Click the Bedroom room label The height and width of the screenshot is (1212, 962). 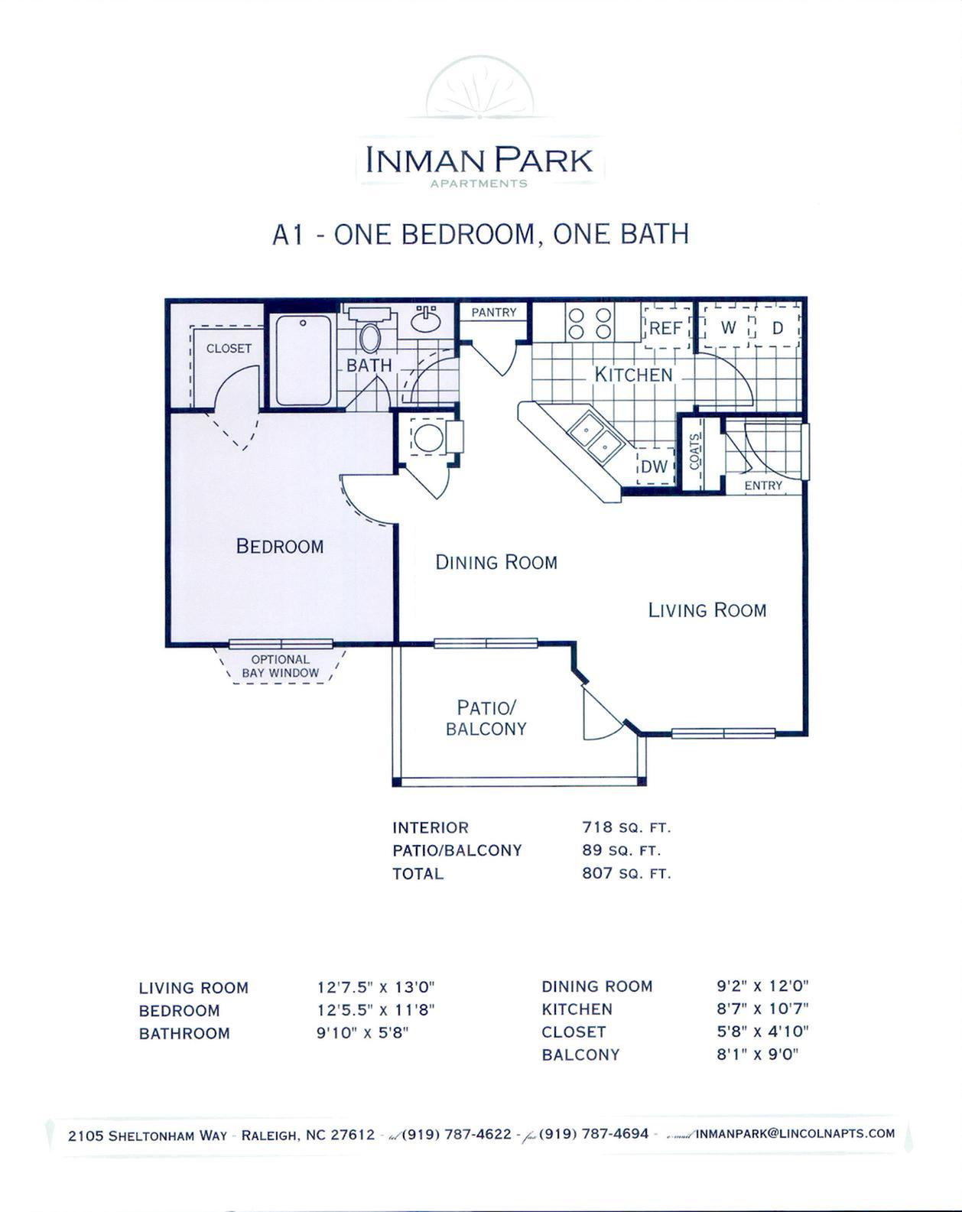point(279,546)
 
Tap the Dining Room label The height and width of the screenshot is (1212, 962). point(496,562)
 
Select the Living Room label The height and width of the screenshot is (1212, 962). point(707,609)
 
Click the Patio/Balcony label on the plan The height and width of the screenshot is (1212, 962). point(486,717)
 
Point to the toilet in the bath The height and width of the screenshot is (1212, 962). point(370,337)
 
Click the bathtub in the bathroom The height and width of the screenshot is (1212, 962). point(304,359)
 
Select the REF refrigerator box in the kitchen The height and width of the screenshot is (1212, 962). point(665,328)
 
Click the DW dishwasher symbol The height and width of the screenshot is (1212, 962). point(654,466)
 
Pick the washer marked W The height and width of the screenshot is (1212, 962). point(728,328)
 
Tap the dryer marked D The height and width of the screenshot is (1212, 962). point(778,328)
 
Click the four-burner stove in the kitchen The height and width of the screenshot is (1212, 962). point(590,322)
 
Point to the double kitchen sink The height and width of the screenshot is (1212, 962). point(597,435)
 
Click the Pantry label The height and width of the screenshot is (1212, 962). point(493,312)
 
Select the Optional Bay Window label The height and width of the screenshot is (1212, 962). point(280,666)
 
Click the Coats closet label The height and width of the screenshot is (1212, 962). point(695,451)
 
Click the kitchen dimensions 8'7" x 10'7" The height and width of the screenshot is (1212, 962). point(762,1009)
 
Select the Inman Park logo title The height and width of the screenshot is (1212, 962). point(479,161)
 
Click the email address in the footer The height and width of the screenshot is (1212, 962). point(795,1133)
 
